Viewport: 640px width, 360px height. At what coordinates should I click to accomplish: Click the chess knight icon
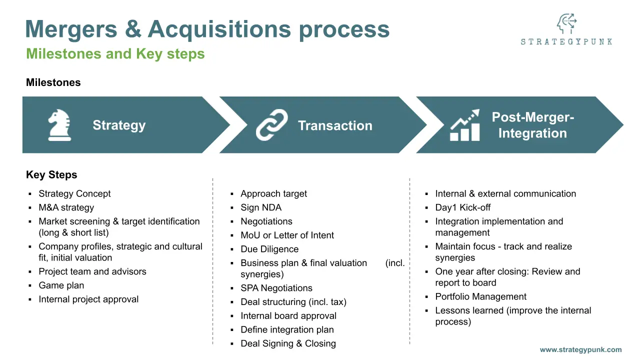59,125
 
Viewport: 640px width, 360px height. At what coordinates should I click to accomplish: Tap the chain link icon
272,125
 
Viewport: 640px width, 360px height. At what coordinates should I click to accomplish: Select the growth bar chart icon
465,125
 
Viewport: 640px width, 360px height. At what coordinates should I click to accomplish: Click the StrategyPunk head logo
566,24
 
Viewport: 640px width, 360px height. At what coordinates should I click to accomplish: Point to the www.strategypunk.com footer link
580,350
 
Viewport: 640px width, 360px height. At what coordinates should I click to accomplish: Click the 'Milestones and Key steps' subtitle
115,54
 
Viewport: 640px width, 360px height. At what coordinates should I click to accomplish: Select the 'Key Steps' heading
51,175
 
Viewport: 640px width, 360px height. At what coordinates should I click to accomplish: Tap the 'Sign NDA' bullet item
261,207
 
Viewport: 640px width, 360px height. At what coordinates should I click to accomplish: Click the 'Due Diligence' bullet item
269,249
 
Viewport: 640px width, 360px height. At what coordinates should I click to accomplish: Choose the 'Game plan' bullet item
61,285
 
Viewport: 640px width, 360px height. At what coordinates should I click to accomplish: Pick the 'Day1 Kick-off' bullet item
463,207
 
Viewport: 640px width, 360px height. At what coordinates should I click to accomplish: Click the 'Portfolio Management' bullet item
481,296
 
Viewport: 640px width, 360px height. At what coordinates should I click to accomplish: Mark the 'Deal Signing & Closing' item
288,343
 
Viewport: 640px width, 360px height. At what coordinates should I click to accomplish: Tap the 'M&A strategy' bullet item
66,207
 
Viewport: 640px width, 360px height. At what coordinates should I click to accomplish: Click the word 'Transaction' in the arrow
335,126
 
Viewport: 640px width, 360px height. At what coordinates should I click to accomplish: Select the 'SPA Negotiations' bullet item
276,288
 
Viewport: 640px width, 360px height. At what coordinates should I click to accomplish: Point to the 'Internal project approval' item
88,299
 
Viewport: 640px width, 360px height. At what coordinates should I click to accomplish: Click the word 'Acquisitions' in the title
219,29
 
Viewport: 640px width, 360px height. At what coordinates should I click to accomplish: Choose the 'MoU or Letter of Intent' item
287,235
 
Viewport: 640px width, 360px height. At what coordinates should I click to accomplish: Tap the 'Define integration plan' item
287,329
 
